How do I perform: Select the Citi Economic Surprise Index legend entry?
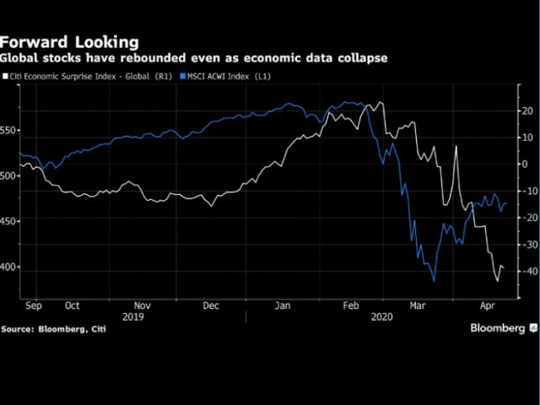pyautogui.click(x=84, y=77)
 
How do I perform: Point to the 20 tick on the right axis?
pyautogui.click(x=526, y=111)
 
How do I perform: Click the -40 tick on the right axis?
pyautogui.click(x=528, y=271)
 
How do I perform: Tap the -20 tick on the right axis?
pyautogui.click(x=528, y=218)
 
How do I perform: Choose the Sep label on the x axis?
pyautogui.click(x=35, y=305)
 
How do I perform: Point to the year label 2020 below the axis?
pyautogui.click(x=381, y=316)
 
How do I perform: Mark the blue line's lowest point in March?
pyautogui.click(x=434, y=281)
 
